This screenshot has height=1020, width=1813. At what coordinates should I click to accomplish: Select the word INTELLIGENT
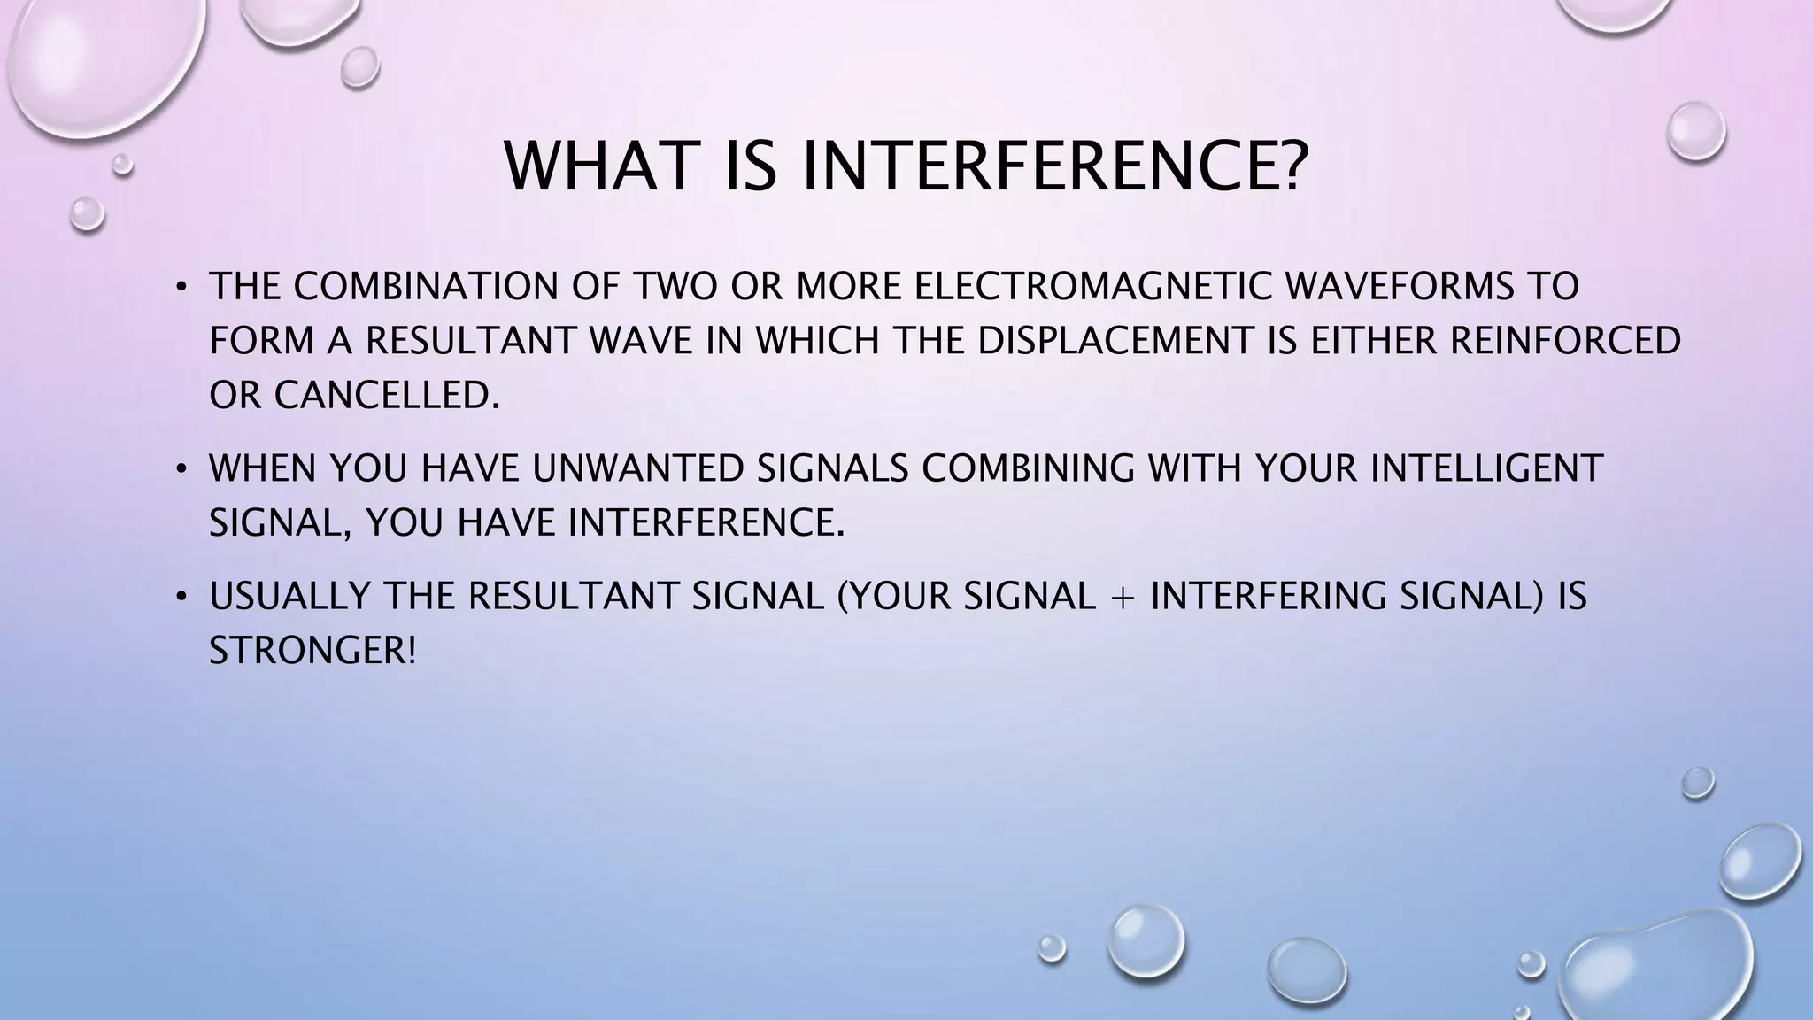click(x=1486, y=468)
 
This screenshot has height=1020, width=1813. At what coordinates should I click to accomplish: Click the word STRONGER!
click(x=312, y=651)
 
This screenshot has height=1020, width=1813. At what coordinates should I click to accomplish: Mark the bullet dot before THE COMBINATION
click(x=181, y=288)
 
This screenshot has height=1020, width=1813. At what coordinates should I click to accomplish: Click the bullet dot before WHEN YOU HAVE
click(x=181, y=469)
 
